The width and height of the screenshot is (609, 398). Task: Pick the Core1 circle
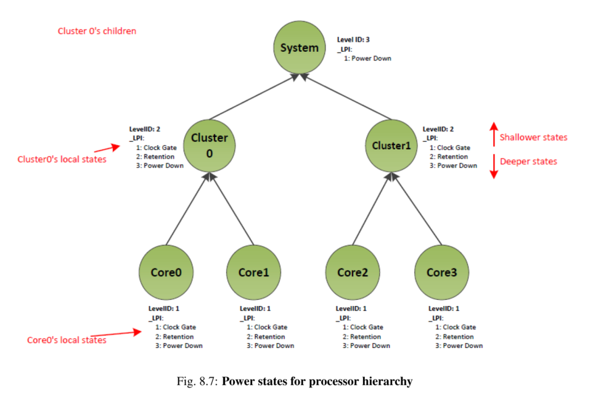(x=253, y=272)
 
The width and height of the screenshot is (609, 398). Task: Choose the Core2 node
(x=352, y=272)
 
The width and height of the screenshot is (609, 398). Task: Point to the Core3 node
(x=442, y=272)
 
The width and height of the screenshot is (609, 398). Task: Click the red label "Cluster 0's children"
(x=97, y=31)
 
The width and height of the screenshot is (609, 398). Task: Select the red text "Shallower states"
(x=533, y=137)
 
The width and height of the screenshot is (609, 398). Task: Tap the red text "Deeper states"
(x=528, y=161)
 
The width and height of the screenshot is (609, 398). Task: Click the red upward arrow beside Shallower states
(x=493, y=134)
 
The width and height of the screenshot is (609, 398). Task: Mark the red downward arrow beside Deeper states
(x=493, y=165)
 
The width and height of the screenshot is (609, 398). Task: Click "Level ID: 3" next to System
(x=353, y=39)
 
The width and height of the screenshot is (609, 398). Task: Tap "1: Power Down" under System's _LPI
(x=367, y=58)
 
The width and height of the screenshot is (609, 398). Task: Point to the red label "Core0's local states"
(x=67, y=340)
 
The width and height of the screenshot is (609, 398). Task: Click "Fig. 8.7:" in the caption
(x=197, y=381)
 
